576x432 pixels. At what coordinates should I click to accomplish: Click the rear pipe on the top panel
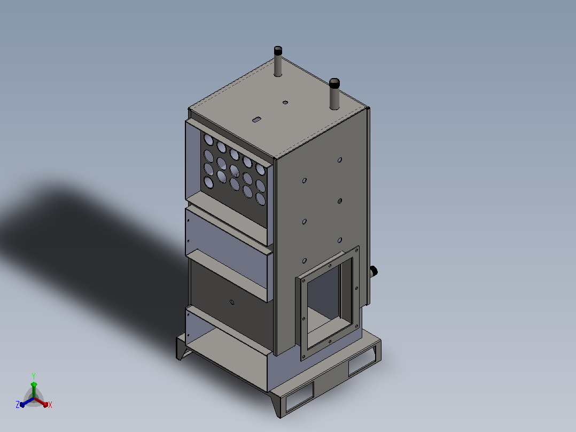(x=278, y=61)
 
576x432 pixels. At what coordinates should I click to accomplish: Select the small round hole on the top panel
(x=285, y=102)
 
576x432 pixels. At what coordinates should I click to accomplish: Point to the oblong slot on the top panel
(x=257, y=119)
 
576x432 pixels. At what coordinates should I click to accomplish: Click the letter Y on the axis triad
(x=34, y=376)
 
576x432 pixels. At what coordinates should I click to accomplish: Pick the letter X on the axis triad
(x=50, y=405)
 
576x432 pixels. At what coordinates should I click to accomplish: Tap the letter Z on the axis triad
(x=18, y=404)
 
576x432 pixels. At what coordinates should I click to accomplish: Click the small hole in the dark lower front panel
(x=232, y=302)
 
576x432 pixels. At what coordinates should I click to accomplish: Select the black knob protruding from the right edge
(x=373, y=272)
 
